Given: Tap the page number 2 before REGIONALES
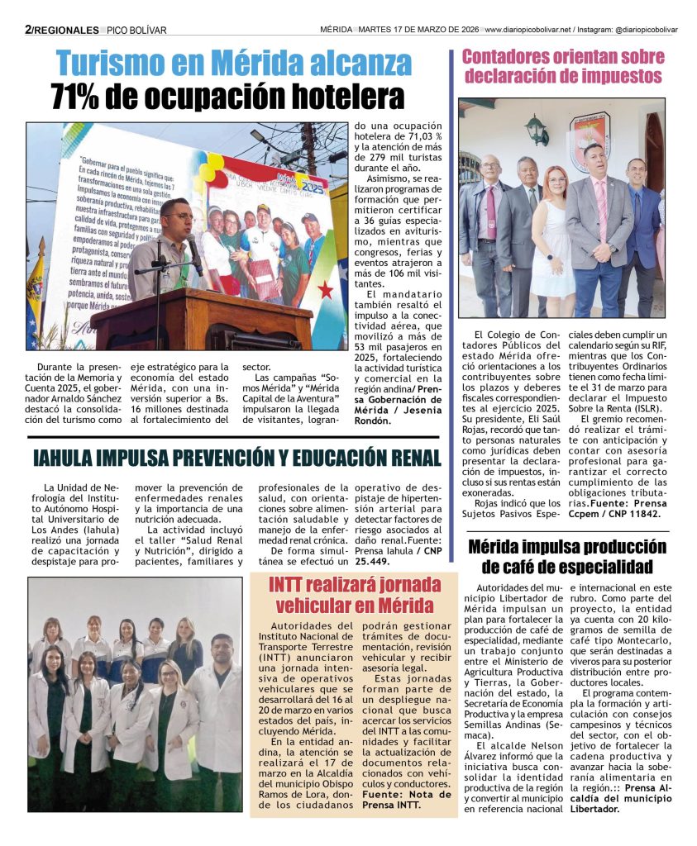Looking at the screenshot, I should point(29,30).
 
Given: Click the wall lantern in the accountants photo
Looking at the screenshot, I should point(537,130).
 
